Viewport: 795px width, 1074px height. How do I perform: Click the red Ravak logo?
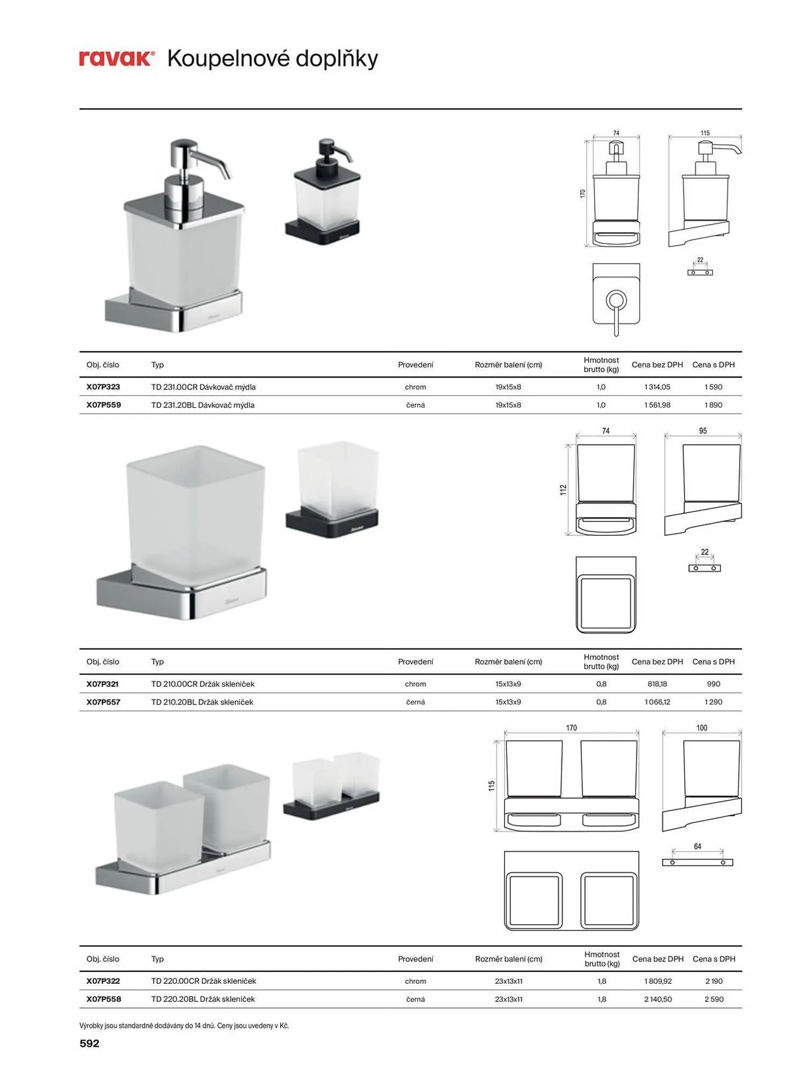pyautogui.click(x=116, y=59)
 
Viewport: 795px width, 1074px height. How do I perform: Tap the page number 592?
pyautogui.click(x=89, y=1043)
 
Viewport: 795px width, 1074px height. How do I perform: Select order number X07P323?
pyautogui.click(x=103, y=387)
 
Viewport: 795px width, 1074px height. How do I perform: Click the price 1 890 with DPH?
pyautogui.click(x=713, y=405)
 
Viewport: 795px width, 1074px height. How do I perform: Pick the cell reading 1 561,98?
pyautogui.click(x=657, y=405)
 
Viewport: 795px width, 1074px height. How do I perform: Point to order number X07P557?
pyautogui.click(x=103, y=702)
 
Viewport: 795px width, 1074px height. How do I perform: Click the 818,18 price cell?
pyautogui.click(x=657, y=684)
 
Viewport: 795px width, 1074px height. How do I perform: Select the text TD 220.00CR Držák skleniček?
pyautogui.click(x=203, y=981)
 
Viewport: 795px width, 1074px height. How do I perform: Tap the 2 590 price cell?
pyautogui.click(x=714, y=999)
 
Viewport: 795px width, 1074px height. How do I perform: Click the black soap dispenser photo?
pyautogui.click(x=323, y=192)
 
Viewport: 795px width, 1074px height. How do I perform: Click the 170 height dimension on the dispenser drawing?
pyautogui.click(x=582, y=193)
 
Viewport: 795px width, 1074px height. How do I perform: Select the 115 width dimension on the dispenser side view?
pyautogui.click(x=705, y=133)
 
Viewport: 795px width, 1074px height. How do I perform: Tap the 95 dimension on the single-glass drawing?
pyautogui.click(x=703, y=431)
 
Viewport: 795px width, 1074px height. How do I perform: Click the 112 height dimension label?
pyautogui.click(x=563, y=490)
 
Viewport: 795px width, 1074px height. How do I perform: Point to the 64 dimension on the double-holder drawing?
pyautogui.click(x=697, y=847)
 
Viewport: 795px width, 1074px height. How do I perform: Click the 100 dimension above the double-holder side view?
pyautogui.click(x=702, y=728)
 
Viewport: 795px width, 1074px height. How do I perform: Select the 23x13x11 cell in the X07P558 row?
pyautogui.click(x=508, y=999)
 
